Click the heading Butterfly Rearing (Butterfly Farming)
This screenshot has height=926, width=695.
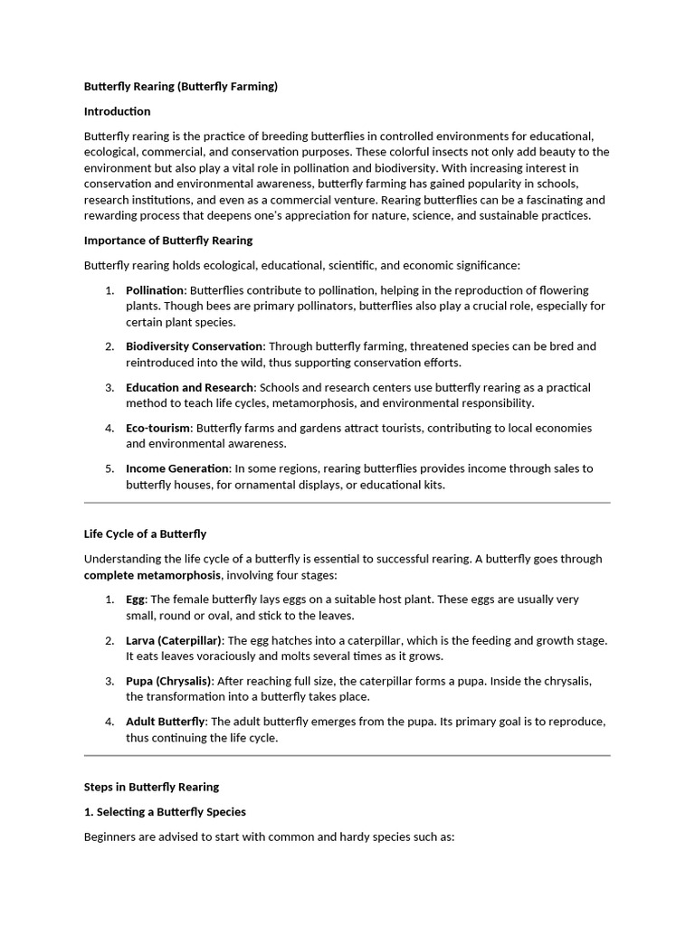[x=180, y=87]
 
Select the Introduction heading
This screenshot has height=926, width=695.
[x=117, y=111]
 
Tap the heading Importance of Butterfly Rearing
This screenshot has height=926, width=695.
[x=168, y=241]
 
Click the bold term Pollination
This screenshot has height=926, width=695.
[x=155, y=290]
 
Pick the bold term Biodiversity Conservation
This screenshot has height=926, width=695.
[x=195, y=346]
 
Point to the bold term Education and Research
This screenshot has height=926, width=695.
[x=190, y=387]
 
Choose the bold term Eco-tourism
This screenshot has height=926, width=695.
[x=158, y=428]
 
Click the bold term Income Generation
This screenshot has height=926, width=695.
[x=177, y=468]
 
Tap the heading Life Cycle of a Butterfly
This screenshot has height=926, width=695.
[x=145, y=534]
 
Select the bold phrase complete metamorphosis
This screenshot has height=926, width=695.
[x=152, y=575]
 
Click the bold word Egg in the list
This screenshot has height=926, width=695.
[x=136, y=600]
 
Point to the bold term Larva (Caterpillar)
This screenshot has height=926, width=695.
[x=174, y=640]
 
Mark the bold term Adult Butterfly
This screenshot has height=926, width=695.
[x=166, y=722]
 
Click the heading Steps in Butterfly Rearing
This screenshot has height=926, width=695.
[x=151, y=787]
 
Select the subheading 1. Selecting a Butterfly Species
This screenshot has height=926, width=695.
[x=165, y=811]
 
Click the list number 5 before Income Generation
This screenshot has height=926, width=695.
[x=109, y=468]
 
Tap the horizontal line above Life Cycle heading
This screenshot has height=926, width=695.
[x=347, y=503]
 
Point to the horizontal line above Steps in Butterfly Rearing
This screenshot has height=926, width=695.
[x=347, y=755]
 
